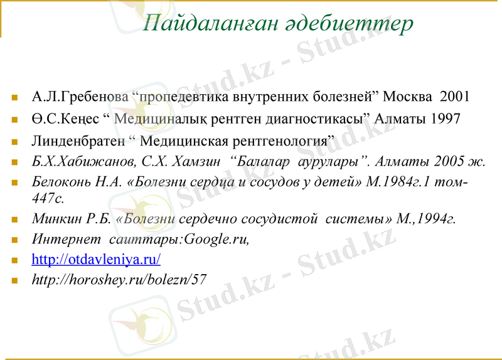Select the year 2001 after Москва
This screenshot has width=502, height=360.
455,97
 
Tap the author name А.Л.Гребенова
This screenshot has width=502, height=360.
80,97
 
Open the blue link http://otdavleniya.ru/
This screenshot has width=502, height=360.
96,259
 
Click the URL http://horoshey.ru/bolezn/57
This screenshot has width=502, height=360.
119,279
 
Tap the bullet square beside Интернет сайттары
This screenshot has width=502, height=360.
14,240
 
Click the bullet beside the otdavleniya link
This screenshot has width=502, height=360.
14,260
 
